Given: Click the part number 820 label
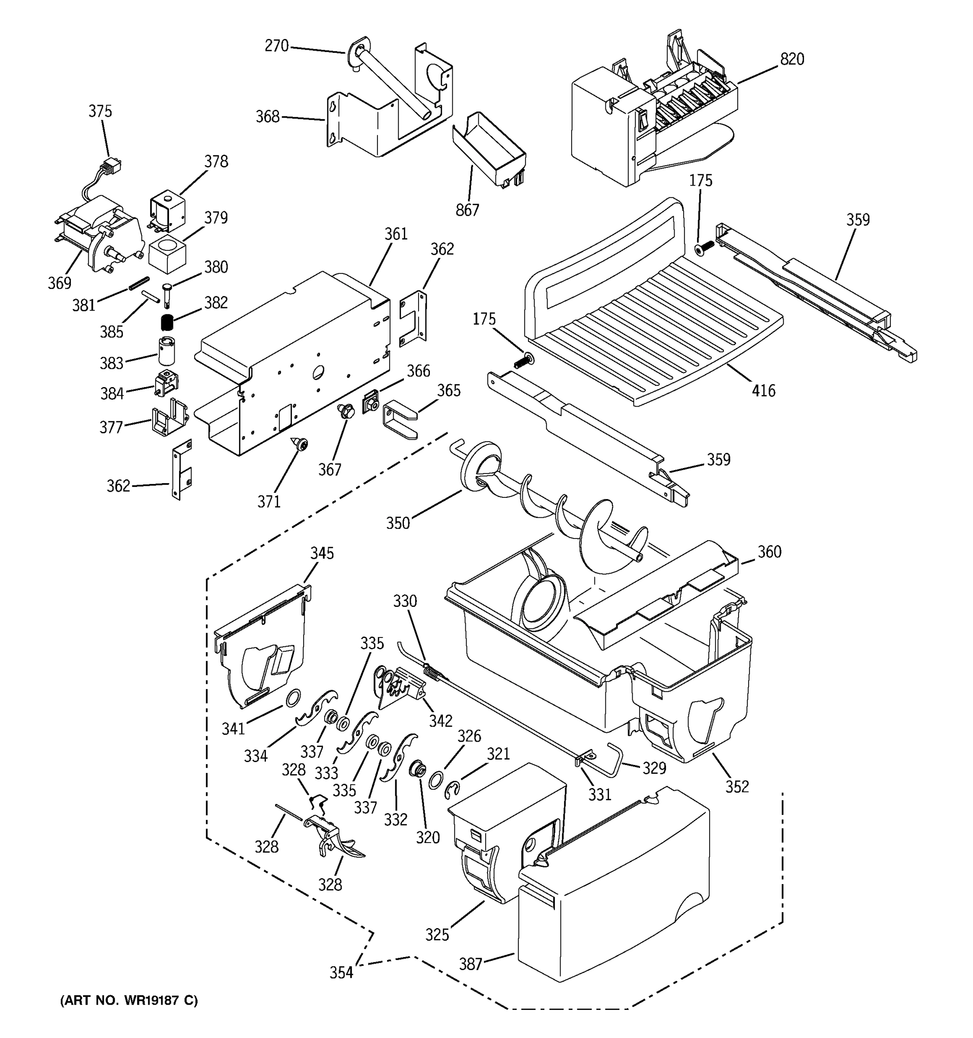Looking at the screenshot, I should pyautogui.click(x=791, y=60).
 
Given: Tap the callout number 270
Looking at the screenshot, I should pyautogui.click(x=276, y=46).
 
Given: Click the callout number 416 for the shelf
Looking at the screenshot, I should pyautogui.click(x=763, y=390).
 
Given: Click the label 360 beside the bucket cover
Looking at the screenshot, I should pyautogui.click(x=769, y=552).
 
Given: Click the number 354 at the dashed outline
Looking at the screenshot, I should pyautogui.click(x=341, y=972).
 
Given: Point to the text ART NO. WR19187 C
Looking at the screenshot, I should pyautogui.click(x=129, y=1000).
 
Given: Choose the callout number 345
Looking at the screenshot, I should pyautogui.click(x=322, y=554).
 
